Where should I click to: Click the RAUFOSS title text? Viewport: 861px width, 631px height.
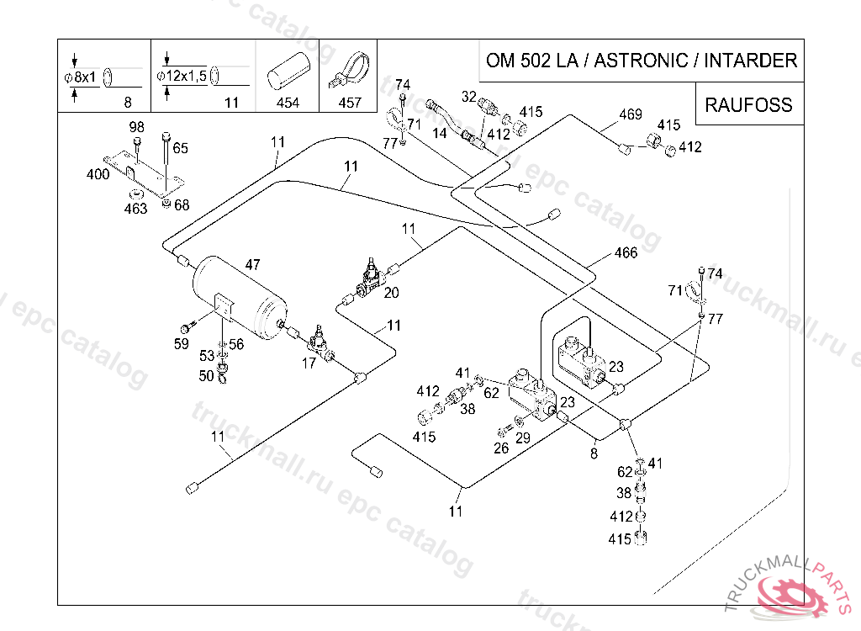pos(748,104)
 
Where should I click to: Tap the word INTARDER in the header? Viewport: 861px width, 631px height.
pos(750,60)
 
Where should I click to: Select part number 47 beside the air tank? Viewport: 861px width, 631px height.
pos(252,265)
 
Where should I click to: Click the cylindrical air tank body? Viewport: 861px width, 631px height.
pos(240,297)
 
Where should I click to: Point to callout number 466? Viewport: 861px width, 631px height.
pos(626,253)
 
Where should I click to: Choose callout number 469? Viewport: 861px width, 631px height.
pos(631,114)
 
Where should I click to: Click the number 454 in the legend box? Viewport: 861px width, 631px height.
pos(288,103)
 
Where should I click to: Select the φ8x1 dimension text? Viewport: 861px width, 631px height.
pos(80,77)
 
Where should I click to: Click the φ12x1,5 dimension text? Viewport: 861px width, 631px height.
pos(182,76)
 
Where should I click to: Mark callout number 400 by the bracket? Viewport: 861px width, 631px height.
pos(98,174)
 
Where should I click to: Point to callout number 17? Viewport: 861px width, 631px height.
pos(309,363)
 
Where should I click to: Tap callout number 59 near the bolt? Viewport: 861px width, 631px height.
pos(182,344)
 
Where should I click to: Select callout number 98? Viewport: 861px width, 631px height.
pos(137,127)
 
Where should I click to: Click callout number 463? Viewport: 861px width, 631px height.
pos(135,209)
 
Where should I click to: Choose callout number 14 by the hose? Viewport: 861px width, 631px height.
pos(439,133)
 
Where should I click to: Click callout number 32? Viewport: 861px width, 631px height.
pos(469,97)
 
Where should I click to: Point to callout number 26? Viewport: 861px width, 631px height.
pos(501,448)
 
